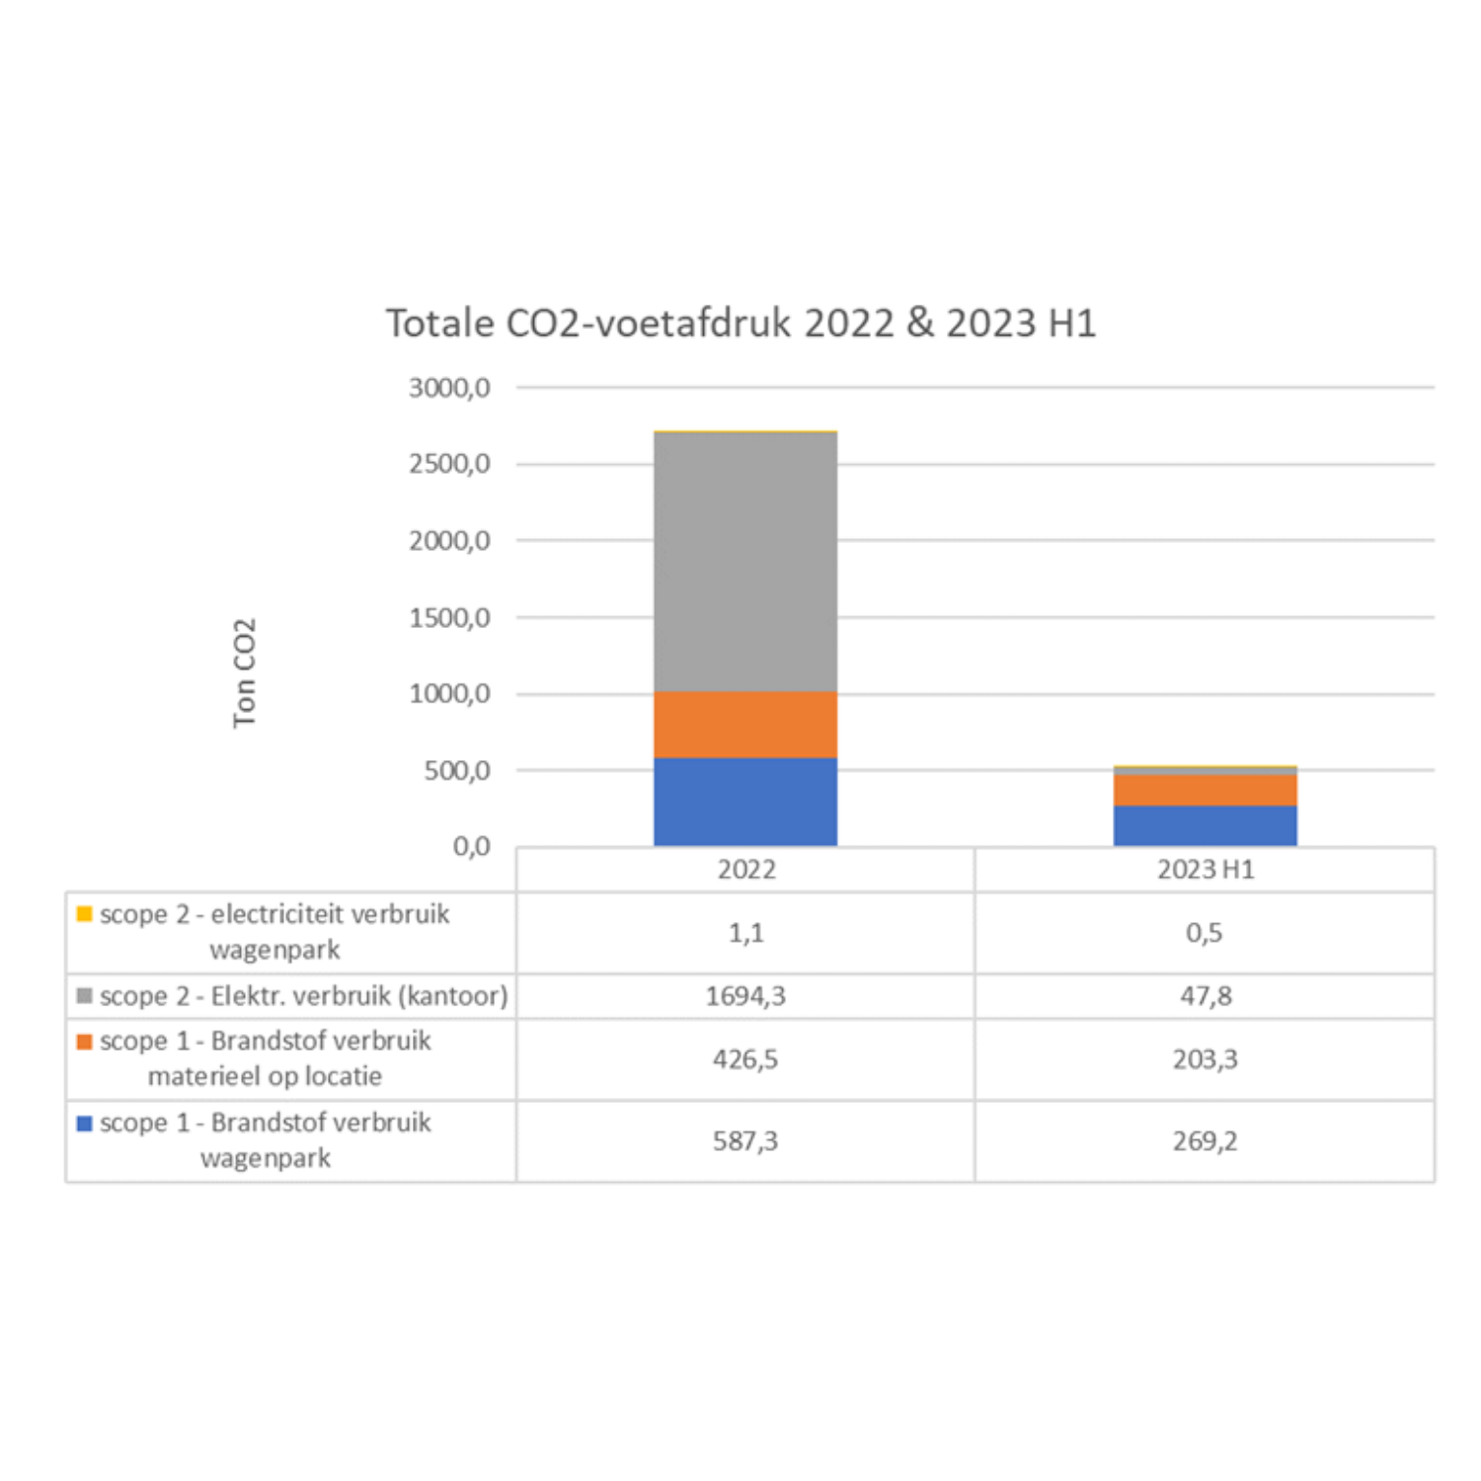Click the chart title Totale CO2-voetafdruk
[740, 324]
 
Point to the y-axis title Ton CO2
[244, 673]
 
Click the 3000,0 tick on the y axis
[449, 388]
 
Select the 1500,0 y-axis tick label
[449, 618]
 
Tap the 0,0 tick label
[471, 847]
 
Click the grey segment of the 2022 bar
[745, 563]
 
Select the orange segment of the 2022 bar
[745, 725]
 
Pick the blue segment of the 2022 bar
[745, 802]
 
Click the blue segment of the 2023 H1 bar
[1205, 825]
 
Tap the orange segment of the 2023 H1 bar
[1205, 790]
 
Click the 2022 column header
[746, 870]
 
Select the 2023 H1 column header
[1206, 870]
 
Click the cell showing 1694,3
[745, 996]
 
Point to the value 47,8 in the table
[1206, 996]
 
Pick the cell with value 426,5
[745, 1059]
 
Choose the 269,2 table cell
[1205, 1141]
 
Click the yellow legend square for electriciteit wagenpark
[85, 914]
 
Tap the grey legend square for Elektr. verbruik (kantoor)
[85, 996]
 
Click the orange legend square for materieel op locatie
[85, 1042]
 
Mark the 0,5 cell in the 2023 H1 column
[1205, 933]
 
